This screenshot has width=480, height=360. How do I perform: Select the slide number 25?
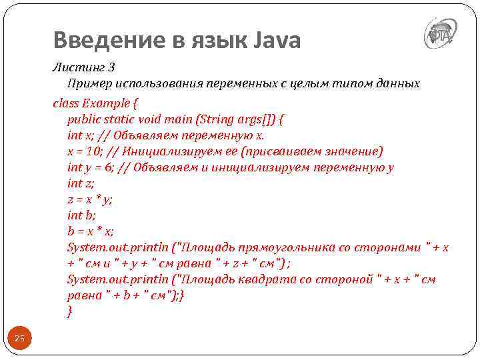19,339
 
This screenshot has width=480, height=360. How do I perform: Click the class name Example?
105,103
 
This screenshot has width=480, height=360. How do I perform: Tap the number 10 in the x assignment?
95,151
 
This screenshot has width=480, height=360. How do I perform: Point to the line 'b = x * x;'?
90,231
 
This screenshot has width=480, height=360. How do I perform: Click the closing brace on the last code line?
69,311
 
